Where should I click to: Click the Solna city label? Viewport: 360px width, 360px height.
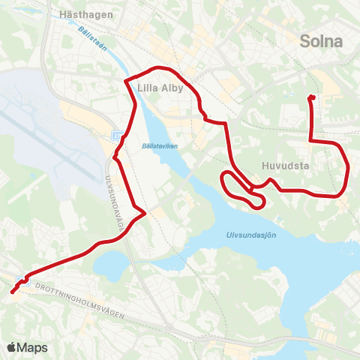coord(321,41)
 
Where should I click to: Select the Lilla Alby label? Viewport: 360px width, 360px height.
coord(160,87)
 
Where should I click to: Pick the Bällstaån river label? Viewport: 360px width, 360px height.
coord(90,35)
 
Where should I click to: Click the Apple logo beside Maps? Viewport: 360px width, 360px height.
coord(11,347)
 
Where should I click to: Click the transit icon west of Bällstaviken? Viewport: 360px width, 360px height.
coord(117,135)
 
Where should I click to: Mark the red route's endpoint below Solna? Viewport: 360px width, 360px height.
coord(311,97)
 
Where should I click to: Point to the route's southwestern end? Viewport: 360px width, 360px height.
coord(13,292)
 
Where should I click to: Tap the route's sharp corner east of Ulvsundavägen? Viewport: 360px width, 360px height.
coord(144,212)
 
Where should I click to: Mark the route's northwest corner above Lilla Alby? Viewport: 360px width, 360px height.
coord(127,80)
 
